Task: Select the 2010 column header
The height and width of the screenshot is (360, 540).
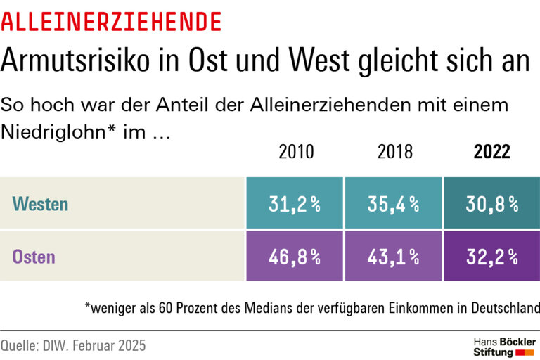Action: point(296,152)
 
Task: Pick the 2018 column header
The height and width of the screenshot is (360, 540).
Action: point(395,152)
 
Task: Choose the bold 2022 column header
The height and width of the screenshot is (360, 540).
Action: point(491,152)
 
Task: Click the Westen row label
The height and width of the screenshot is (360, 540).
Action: point(40,205)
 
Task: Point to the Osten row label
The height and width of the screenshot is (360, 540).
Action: point(33,257)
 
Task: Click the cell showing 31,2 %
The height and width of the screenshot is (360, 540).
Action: point(295,204)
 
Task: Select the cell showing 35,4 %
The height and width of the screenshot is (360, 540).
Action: point(394,204)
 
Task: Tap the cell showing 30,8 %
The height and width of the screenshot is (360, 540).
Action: point(491,204)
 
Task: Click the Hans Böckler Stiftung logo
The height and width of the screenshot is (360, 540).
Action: point(503,346)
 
